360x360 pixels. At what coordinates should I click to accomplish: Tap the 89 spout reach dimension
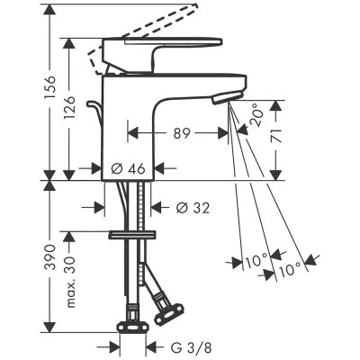coord(182,133)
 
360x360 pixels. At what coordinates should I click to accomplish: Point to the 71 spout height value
coord(276,136)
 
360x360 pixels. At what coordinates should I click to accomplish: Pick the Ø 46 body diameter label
coord(128,169)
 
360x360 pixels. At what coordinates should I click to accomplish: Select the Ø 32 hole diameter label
coord(193,208)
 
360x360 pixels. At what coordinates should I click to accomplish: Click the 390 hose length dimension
coord(49,257)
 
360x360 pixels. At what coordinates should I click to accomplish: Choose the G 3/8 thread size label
coord(191,348)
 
